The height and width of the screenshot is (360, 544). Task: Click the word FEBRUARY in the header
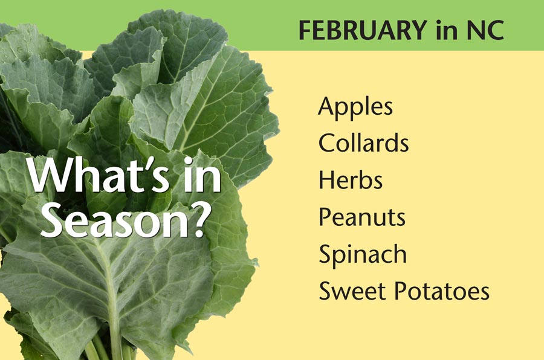[x=363, y=30]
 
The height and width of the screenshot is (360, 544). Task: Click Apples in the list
[x=355, y=108]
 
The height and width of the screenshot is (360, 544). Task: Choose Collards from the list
[x=364, y=142]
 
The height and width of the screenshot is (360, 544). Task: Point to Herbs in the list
[x=351, y=179]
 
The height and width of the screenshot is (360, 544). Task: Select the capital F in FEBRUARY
[x=306, y=30]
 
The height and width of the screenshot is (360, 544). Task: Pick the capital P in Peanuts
[x=325, y=217]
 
